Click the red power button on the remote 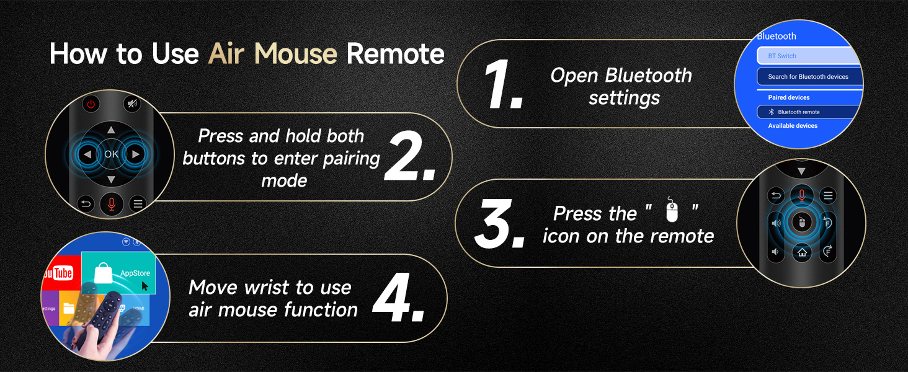(x=91, y=104)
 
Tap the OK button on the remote (x=111, y=154)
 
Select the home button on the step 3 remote (x=802, y=252)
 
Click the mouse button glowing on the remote (x=801, y=222)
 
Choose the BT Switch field (x=809, y=56)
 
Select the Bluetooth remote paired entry (x=808, y=112)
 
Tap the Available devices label (x=793, y=126)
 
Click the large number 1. (x=502, y=84)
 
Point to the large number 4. (x=398, y=297)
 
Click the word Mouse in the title (x=295, y=53)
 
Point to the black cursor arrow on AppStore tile (x=145, y=286)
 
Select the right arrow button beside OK (x=135, y=154)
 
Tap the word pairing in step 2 (x=351, y=159)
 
